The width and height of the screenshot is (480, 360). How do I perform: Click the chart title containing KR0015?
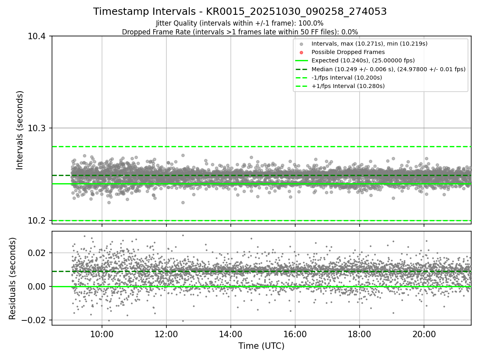click(240, 12)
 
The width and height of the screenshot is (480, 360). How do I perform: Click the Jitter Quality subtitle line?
click(240, 23)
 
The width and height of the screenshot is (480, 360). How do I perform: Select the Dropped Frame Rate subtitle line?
click(240, 32)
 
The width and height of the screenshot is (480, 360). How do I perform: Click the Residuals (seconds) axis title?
click(13, 278)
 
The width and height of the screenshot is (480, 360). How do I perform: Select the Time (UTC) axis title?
click(261, 346)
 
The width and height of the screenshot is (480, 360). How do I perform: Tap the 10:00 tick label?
click(102, 334)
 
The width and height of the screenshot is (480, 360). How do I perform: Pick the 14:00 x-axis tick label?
click(230, 334)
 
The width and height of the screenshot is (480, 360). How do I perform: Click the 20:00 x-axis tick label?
click(424, 334)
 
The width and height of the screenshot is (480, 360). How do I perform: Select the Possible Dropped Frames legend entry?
click(348, 52)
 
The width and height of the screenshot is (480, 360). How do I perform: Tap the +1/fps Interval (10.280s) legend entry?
click(348, 86)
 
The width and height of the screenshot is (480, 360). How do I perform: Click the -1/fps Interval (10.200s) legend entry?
click(347, 78)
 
